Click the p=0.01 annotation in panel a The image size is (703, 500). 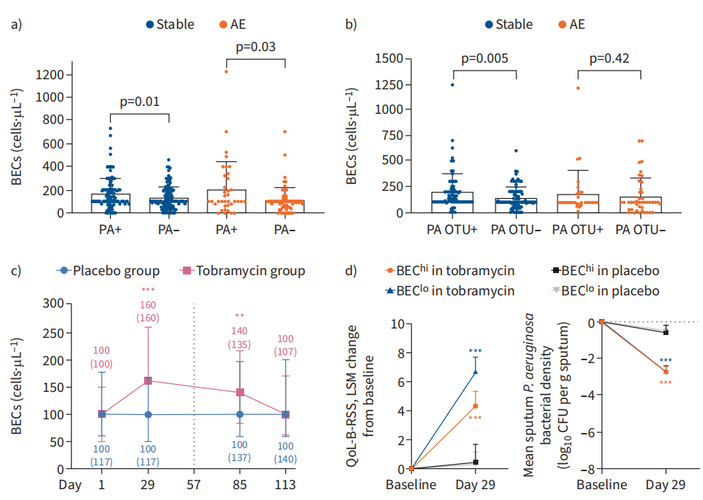click(x=140, y=102)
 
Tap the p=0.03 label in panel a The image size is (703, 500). click(x=256, y=48)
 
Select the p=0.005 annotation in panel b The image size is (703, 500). click(x=484, y=58)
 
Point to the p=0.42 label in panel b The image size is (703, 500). click(x=609, y=58)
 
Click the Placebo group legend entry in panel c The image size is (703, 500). click(x=109, y=271)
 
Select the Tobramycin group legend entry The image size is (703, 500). click(x=242, y=271)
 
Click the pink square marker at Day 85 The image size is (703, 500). click(x=240, y=393)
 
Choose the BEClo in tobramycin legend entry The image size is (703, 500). click(x=450, y=291)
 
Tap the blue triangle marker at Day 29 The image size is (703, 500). click(x=475, y=372)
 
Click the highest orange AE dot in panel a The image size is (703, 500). click(x=225, y=71)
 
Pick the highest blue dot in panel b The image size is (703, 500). click(x=452, y=85)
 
